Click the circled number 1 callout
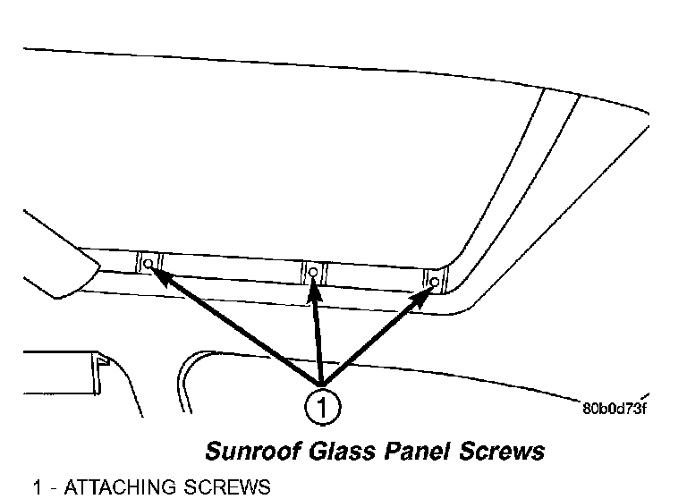(x=320, y=408)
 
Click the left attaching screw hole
(x=148, y=265)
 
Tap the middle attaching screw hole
(x=313, y=272)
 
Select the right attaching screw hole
(x=435, y=283)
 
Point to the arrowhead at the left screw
(x=156, y=271)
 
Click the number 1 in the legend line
(x=38, y=488)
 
